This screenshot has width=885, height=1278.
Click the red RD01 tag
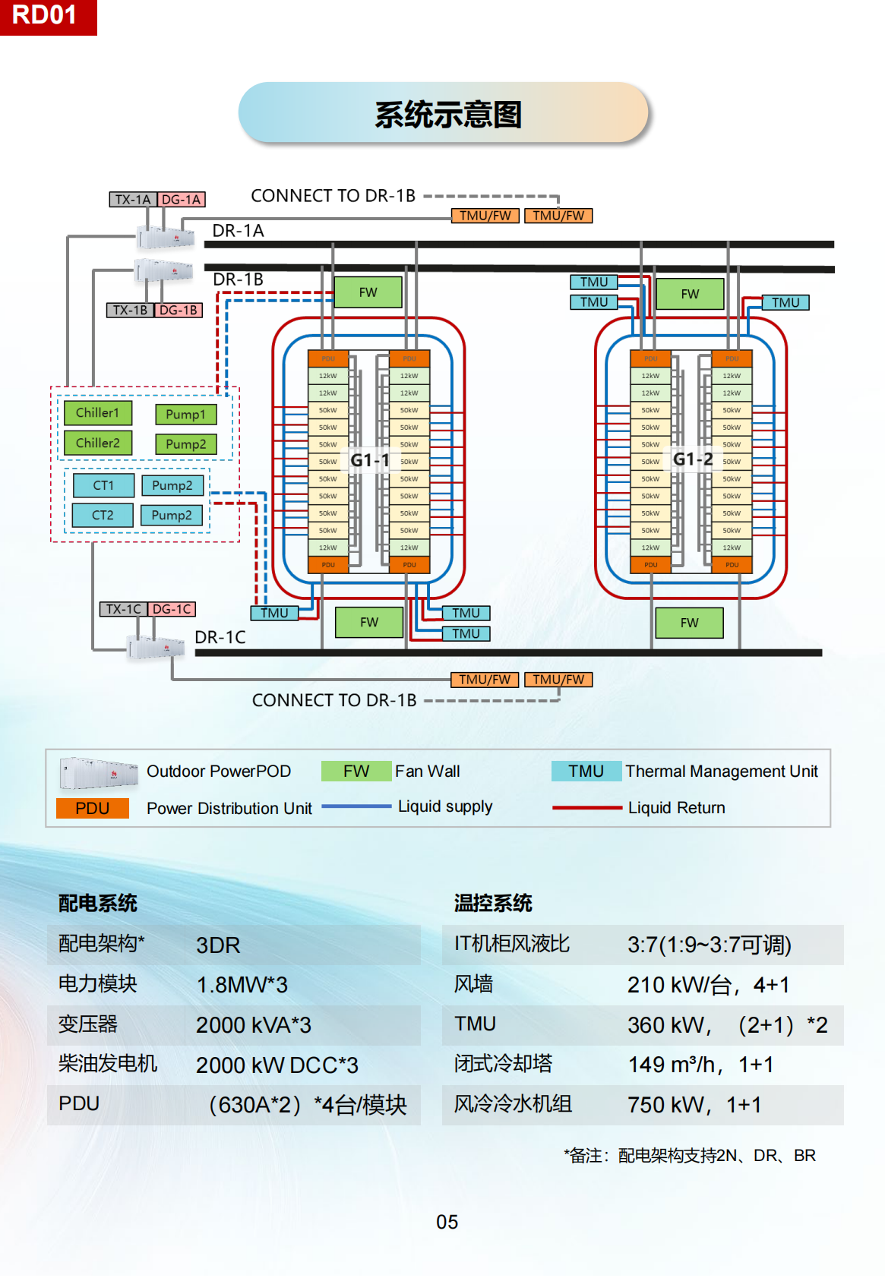pos(46,16)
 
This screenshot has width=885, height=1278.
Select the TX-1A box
pos(133,200)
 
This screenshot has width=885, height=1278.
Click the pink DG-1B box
pos(179,310)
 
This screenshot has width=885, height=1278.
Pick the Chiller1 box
pos(98,413)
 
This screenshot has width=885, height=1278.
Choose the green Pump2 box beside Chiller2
pos(185,444)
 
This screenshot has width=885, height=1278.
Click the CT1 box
pos(103,485)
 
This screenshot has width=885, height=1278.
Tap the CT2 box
pos(103,515)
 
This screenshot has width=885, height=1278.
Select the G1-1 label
pos(369,460)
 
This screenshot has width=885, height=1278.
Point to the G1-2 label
pos(693,459)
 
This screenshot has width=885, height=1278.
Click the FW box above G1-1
pos(368,292)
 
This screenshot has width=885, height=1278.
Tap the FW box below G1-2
pos(689,623)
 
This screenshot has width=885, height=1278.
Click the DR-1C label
pos(220,637)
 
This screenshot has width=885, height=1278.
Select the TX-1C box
pos(124,609)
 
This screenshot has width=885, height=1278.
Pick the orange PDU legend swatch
pos(92,808)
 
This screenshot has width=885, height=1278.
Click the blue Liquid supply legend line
pos(356,806)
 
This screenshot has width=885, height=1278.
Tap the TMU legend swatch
pos(586,772)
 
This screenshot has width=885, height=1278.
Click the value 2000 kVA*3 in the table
pos(254,1025)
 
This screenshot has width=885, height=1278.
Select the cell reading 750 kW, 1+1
pos(694,1105)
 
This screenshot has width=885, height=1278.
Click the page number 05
pos(447,1222)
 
